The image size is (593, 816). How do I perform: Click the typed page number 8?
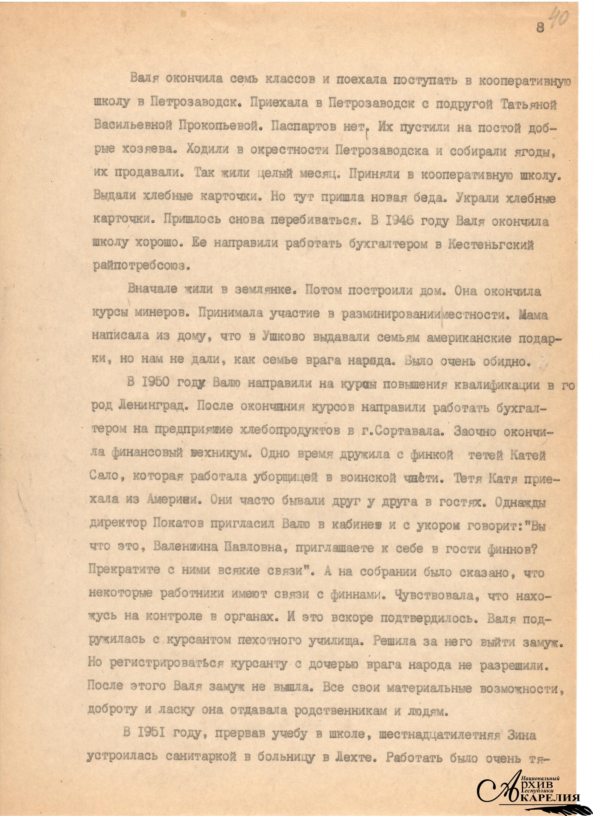pos(540,28)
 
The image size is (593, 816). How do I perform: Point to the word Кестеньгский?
pos(491,245)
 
